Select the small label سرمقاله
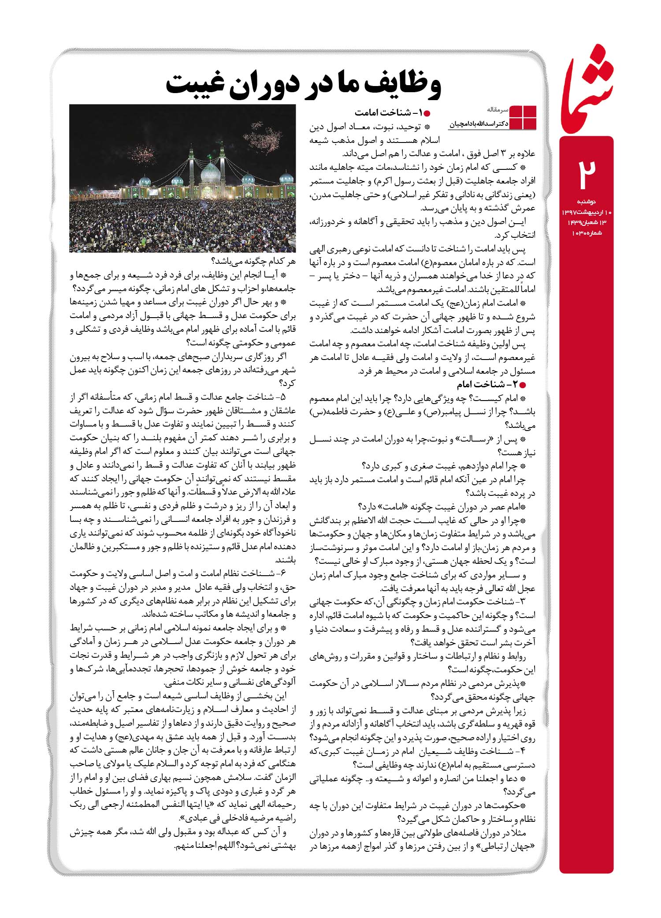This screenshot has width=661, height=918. (498, 109)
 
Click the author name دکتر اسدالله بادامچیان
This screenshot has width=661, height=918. (479, 125)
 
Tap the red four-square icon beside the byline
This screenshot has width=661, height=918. (523, 118)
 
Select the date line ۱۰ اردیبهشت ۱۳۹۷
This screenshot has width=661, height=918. (586, 213)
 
